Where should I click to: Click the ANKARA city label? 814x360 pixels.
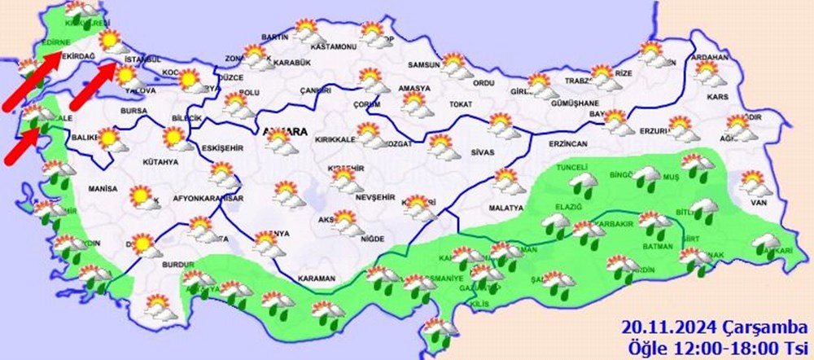[284, 131]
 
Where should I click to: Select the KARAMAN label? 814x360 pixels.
[317, 279]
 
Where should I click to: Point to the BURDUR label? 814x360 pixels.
[178, 266]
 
